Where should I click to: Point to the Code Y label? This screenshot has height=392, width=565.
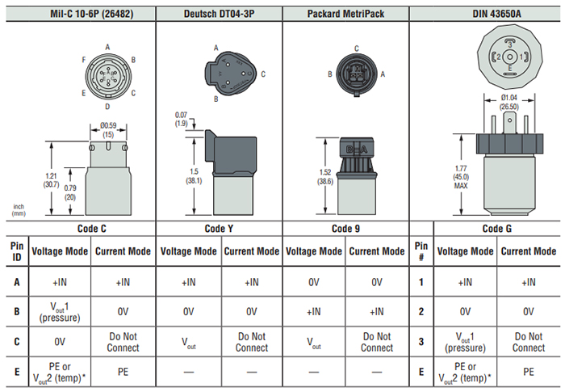point(220,229)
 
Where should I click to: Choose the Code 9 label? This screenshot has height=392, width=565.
point(345,229)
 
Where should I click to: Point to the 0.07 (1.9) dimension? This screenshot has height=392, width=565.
point(181,120)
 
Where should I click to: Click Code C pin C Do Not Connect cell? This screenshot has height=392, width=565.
point(123,342)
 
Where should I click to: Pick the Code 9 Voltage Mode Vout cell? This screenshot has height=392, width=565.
point(314,342)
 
